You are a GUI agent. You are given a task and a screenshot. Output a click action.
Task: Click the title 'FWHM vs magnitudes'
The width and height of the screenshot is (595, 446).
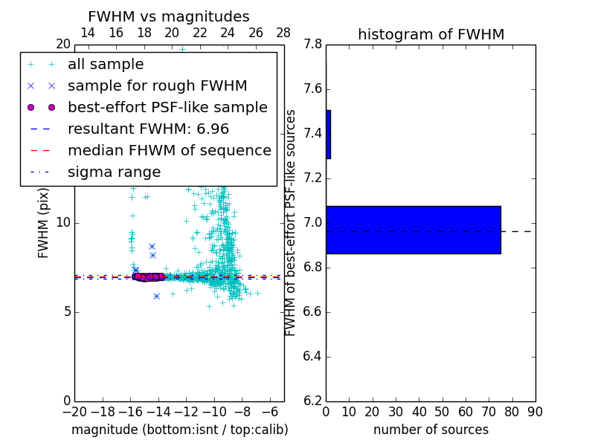click(x=169, y=16)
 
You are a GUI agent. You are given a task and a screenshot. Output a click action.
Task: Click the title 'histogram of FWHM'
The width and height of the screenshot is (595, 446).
click(x=431, y=34)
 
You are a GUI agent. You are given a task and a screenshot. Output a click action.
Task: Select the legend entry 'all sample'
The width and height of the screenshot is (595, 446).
click(x=106, y=65)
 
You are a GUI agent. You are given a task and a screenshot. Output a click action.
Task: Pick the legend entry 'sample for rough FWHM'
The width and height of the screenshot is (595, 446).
click(x=157, y=86)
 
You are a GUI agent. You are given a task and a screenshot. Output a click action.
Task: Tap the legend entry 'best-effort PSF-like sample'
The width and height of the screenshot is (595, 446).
click(x=167, y=108)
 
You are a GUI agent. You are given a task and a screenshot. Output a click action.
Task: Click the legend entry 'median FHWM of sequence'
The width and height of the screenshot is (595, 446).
click(x=169, y=151)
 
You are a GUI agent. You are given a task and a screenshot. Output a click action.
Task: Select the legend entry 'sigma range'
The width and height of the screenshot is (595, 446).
click(x=114, y=172)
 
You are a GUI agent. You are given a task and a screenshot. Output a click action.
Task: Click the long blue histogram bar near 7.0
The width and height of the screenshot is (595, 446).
click(x=413, y=230)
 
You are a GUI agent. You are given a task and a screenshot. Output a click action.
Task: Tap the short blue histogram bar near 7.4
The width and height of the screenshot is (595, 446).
click(x=328, y=135)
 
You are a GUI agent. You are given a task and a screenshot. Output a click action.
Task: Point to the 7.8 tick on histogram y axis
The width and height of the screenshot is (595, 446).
click(x=312, y=45)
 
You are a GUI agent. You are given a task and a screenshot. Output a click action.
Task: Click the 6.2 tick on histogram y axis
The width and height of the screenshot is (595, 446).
click(x=312, y=401)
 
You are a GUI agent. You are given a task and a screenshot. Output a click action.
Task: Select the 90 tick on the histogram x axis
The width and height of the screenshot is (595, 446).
click(x=535, y=412)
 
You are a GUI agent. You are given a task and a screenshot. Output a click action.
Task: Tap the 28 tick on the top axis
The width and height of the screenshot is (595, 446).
click(x=283, y=33)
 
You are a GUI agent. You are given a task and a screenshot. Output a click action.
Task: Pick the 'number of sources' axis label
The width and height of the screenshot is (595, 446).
click(x=431, y=430)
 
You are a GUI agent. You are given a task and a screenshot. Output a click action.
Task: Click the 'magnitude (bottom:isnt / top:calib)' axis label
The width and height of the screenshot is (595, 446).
click(x=179, y=430)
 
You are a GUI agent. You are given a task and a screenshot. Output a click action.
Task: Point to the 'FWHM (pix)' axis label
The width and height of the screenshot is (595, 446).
click(x=44, y=223)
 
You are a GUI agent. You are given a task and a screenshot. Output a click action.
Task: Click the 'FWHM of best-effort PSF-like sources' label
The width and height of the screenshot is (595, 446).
click(x=291, y=223)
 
